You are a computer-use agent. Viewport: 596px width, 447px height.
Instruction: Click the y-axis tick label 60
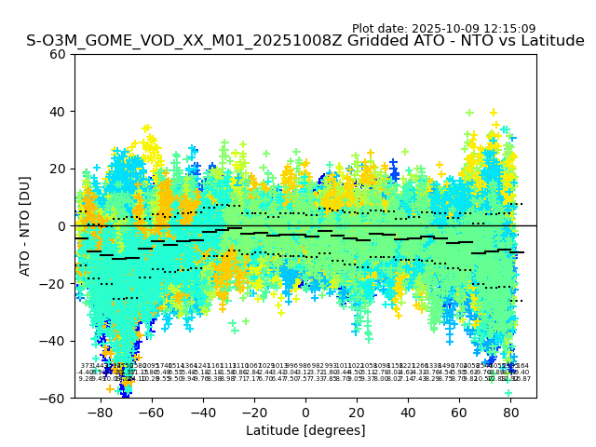[x=59, y=54]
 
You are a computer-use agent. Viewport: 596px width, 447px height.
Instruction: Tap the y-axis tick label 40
[x=59, y=112]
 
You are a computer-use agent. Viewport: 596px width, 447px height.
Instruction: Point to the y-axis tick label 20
[x=59, y=169]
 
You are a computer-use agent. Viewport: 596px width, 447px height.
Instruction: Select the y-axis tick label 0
[x=62, y=226]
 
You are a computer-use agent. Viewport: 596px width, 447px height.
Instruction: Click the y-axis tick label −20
[x=55, y=283]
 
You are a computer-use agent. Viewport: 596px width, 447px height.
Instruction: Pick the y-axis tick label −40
[x=55, y=341]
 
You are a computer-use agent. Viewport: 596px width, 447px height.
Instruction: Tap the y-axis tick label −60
[x=55, y=398]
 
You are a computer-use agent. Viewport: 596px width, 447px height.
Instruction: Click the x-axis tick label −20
[x=253, y=411]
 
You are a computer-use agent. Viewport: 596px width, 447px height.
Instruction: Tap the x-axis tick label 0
[x=305, y=411]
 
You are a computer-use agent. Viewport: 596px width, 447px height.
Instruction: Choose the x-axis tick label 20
[x=357, y=411]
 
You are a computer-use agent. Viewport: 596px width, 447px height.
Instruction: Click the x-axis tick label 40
[x=408, y=411]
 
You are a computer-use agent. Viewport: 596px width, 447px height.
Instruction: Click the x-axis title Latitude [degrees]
[x=305, y=430]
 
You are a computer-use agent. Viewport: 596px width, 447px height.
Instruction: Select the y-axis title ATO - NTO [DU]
[x=25, y=226]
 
